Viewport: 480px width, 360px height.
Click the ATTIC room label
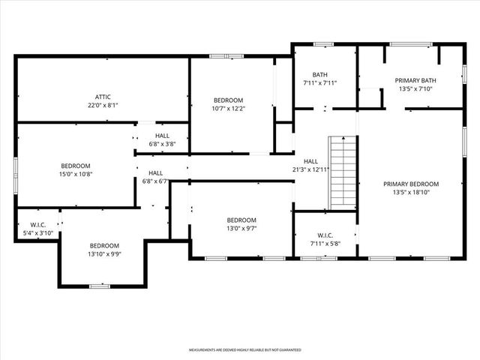point(103,97)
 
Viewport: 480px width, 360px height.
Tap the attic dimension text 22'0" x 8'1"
point(103,106)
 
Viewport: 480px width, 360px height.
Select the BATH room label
point(320,74)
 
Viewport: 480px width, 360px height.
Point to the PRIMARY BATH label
point(415,80)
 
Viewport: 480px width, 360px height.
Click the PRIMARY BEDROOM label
point(411,184)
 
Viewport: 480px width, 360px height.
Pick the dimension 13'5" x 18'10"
point(411,193)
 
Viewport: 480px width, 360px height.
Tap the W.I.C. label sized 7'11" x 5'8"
point(325,235)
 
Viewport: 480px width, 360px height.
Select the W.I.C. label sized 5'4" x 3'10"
point(38,225)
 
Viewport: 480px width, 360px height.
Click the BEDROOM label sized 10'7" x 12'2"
point(228,100)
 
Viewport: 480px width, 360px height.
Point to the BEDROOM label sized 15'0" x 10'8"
point(76,166)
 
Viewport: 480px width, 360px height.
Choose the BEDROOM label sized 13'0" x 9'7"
point(241,220)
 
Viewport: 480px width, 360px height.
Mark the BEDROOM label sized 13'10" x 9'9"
point(104,246)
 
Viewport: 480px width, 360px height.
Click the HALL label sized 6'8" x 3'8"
point(162,135)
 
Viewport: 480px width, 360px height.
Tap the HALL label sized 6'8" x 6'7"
point(155,173)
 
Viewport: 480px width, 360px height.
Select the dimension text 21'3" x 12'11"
point(310,170)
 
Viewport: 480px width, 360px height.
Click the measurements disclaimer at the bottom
point(244,350)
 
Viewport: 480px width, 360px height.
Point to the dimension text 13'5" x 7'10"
point(415,89)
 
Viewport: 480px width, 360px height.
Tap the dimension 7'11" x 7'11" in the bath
point(320,83)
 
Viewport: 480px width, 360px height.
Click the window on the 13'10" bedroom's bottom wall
point(100,285)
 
